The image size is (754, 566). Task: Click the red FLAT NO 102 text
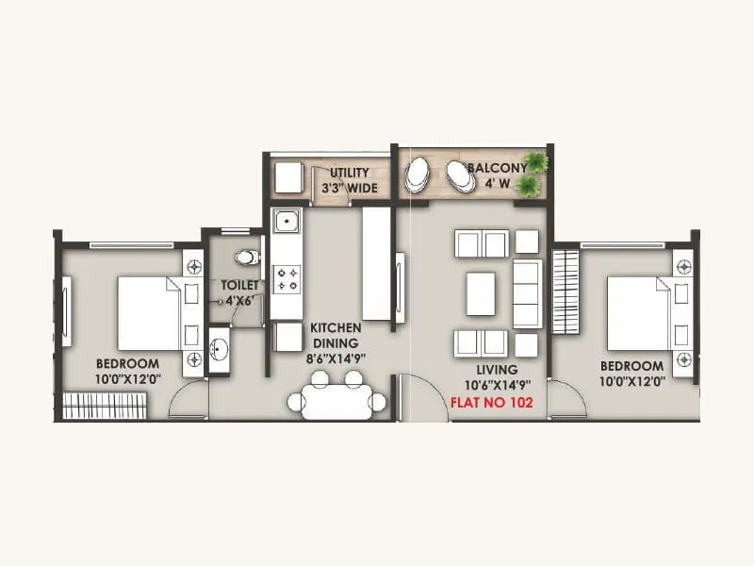[x=492, y=401]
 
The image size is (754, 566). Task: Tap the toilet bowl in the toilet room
[x=246, y=255]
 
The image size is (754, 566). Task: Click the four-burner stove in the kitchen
[x=287, y=277]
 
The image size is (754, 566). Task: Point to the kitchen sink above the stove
[x=287, y=224]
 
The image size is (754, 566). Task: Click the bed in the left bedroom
[x=149, y=311]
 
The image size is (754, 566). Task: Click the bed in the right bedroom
[x=638, y=311]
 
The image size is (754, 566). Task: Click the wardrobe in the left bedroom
[x=106, y=407]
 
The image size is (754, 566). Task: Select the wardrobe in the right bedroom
[x=564, y=291]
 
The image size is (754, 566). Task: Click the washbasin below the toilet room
[x=219, y=348]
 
